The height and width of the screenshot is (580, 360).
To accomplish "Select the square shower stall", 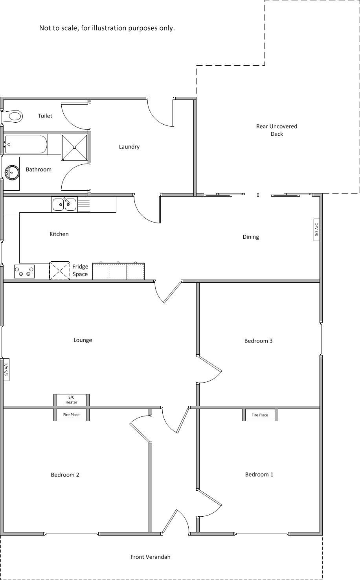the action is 75,147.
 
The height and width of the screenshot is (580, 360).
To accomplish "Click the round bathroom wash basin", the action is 12,172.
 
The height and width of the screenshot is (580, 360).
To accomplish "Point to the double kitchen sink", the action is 64,204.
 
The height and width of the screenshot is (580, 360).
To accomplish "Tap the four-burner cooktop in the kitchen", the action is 24,271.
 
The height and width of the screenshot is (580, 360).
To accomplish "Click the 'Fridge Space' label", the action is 80,270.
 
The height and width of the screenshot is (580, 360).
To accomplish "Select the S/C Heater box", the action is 72,400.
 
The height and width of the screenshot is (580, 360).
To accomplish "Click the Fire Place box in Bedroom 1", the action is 260,415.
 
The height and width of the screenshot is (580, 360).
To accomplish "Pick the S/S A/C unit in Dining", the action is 316,230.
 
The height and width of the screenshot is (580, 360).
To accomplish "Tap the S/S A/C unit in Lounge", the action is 6,370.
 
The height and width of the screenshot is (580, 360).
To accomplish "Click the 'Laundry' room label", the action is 129,147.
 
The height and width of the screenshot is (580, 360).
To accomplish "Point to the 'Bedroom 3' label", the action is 258,341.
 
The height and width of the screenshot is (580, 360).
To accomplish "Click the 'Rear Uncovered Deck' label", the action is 277,130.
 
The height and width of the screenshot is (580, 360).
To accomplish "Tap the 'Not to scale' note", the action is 107,28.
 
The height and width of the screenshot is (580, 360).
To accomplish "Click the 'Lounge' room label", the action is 83,340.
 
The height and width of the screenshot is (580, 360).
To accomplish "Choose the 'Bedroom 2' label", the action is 65,475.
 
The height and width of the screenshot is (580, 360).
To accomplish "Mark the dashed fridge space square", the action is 59,271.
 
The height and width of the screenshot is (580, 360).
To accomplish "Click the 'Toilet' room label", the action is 45,116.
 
